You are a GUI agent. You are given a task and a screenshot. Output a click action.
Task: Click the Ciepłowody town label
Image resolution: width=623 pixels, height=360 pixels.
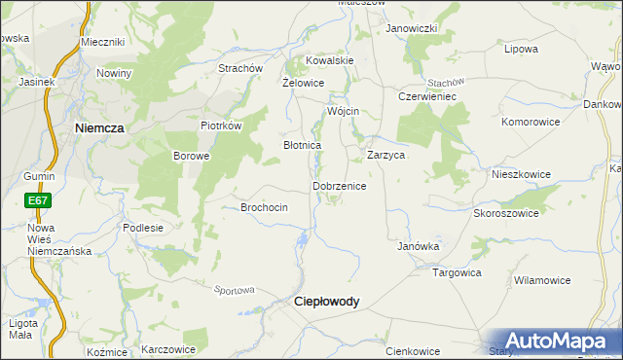coord(326,302)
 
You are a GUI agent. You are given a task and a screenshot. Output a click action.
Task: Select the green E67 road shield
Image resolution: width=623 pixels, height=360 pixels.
coord(38,201)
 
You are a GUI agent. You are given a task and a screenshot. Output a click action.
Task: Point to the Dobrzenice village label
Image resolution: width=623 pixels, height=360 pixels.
coord(339,185)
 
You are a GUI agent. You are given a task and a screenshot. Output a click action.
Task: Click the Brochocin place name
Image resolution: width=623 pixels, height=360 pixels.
coord(264,207)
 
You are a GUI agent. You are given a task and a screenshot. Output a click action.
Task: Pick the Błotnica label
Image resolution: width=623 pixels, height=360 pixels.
coord(302,145)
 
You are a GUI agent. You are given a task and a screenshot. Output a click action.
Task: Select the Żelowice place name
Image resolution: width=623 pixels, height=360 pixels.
coord(303,84)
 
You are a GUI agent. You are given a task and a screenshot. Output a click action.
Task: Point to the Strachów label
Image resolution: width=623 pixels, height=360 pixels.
coord(240,69)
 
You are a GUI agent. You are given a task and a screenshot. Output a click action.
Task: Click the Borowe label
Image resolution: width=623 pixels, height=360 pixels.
coord(192,156)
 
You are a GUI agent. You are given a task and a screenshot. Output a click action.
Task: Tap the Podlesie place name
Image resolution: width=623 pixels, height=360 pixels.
coord(143,227)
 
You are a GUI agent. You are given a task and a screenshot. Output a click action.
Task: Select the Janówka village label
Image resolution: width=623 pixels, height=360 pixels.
coord(419,246)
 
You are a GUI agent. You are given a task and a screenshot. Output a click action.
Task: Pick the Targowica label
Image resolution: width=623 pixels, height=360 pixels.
coord(458,272)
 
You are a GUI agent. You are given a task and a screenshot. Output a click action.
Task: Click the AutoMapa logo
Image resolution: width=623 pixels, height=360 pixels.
coord(554,341)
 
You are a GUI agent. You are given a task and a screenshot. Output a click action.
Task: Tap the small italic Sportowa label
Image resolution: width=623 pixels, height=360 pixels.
coord(234,290)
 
